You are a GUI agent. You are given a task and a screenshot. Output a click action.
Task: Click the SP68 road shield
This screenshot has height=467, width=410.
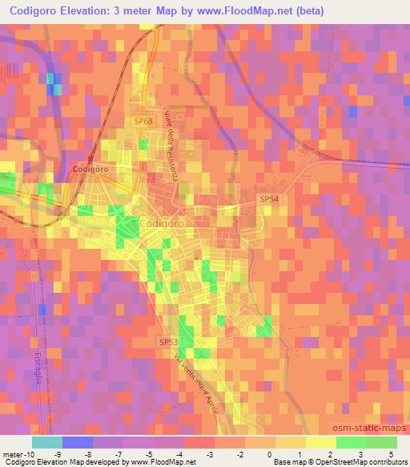point(143,120)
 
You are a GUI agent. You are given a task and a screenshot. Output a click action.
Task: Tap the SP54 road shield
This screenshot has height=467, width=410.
point(268,198)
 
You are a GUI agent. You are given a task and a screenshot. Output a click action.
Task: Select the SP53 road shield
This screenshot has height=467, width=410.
point(167,342)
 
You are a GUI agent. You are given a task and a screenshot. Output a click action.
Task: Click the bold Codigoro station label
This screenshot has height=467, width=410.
point(90,170)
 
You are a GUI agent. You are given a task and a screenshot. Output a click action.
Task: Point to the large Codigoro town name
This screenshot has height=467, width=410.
point(163,223)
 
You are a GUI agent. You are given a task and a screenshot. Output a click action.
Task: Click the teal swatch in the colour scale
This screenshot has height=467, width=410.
point(46,442)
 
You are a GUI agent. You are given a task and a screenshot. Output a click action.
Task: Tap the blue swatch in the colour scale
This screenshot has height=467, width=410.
point(77,442)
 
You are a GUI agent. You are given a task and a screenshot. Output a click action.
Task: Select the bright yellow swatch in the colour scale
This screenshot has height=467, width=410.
point(320,442)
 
